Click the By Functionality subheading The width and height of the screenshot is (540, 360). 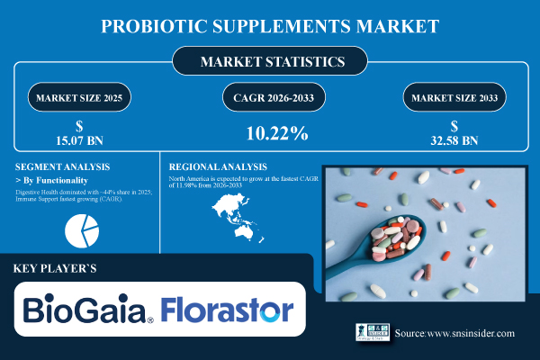55,180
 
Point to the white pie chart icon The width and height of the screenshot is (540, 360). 82,230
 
